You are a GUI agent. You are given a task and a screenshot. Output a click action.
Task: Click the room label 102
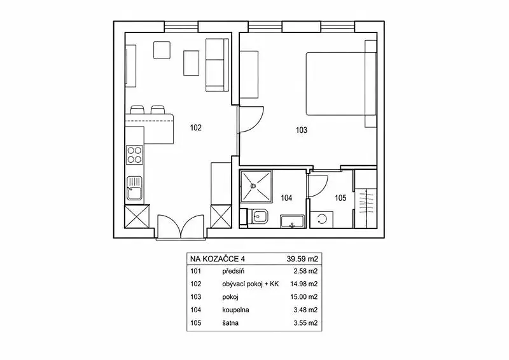click(x=196, y=128)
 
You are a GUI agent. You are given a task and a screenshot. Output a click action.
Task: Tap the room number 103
click(x=302, y=130)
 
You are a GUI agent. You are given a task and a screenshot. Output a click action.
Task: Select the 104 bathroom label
click(x=286, y=198)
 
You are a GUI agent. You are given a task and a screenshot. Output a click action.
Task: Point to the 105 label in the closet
click(x=340, y=198)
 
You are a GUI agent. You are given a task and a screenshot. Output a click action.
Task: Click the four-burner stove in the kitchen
click(x=134, y=155)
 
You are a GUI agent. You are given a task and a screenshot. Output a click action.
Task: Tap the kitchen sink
click(x=134, y=188)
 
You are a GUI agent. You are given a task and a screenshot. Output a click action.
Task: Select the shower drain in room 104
click(x=253, y=186)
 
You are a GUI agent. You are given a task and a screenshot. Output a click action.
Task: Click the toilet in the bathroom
click(x=260, y=216)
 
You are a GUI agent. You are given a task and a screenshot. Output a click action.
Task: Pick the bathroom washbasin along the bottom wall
click(x=293, y=221)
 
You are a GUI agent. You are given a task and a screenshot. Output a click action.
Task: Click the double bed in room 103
click(x=341, y=84)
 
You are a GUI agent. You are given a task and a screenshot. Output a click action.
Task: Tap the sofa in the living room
click(x=217, y=65)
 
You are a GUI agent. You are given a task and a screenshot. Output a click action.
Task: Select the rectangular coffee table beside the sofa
click(x=192, y=63)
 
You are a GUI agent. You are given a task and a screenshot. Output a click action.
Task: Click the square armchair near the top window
click(x=162, y=50)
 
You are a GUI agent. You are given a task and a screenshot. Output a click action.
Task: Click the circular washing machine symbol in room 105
click(x=322, y=219)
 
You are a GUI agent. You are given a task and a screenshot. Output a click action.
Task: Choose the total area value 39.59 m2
click(x=302, y=259)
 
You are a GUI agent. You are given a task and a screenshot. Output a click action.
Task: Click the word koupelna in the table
click(x=235, y=310)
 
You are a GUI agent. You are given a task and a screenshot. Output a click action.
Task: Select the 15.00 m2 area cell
click(x=304, y=297)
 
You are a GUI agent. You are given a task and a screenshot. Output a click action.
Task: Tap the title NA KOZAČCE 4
click(x=218, y=259)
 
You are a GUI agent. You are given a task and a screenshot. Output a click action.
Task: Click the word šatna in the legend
click(x=230, y=323)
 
